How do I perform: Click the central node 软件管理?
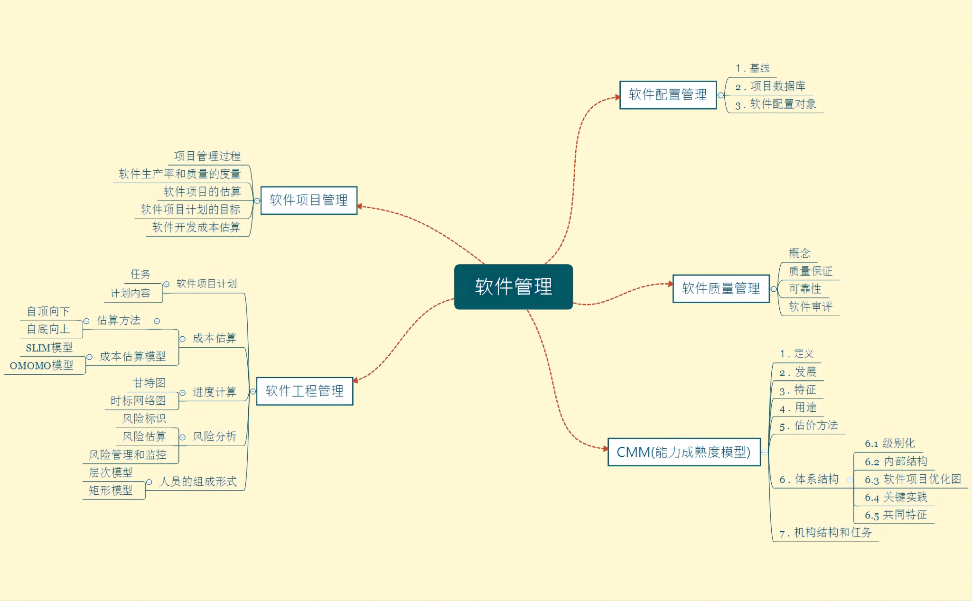point(513,287)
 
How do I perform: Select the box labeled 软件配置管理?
point(667,95)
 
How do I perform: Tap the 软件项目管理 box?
point(308,200)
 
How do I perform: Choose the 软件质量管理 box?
point(720,288)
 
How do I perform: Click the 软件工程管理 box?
point(304,391)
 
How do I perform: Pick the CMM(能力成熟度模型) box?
point(683,452)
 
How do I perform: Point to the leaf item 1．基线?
point(753,68)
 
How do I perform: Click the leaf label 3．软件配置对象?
point(776,104)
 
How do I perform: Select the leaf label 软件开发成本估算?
point(196,227)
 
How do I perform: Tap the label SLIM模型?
point(49,348)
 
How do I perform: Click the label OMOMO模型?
point(41,365)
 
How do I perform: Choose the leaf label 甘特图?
point(149,383)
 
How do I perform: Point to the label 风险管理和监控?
point(128,454)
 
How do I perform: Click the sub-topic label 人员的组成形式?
point(198,481)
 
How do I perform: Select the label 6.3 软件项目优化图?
point(913,479)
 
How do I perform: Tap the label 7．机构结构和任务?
point(825,533)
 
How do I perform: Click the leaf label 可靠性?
point(805,288)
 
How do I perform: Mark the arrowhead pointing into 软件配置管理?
point(617,97)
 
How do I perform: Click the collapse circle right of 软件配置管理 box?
point(721,95)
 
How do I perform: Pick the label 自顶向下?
point(48,311)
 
